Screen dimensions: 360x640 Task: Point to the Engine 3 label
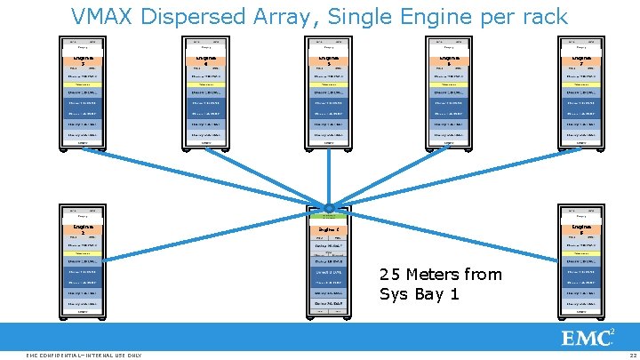tap(82, 60)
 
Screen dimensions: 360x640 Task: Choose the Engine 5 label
tap(329, 60)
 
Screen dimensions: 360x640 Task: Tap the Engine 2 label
tap(82, 228)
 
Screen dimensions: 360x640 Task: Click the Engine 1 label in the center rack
tap(329, 229)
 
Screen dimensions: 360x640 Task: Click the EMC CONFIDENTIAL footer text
tap(84, 355)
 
